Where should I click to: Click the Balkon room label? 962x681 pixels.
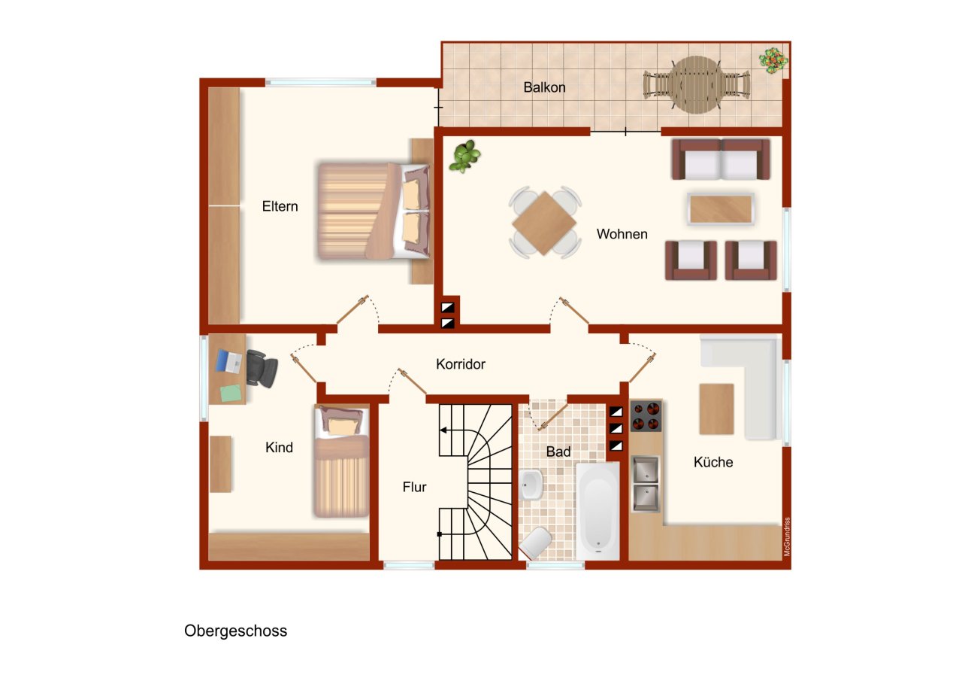coord(544,87)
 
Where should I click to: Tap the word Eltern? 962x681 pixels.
coord(280,206)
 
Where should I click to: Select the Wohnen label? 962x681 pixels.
coord(622,234)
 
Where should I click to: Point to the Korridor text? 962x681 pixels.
coord(461,364)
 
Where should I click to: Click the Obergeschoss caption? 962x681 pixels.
coord(235,631)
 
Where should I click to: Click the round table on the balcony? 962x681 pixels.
coord(697,85)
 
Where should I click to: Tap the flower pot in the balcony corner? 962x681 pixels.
coord(773,61)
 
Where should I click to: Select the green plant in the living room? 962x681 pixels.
coord(464,156)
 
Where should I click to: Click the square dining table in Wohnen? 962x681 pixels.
coord(544,223)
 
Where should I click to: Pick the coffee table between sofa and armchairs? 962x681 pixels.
coord(721,209)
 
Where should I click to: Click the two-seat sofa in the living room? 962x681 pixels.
coord(721,159)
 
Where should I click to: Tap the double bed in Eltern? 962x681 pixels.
coord(374,211)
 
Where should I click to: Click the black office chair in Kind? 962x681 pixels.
coord(262,369)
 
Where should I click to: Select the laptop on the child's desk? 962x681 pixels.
coord(228,361)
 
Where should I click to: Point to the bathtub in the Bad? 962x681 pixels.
coord(597,511)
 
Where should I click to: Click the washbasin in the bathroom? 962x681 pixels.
coord(531,485)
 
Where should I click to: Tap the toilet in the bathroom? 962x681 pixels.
coord(536,543)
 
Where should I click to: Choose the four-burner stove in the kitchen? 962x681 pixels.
coord(646,415)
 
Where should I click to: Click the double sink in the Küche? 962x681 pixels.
coord(645,484)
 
